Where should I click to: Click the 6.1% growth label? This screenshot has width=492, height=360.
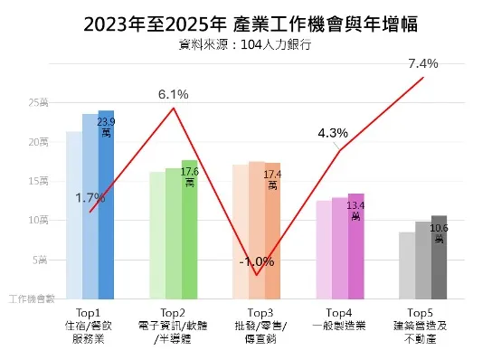click(x=173, y=94)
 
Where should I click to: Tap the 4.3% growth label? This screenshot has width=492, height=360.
click(x=333, y=133)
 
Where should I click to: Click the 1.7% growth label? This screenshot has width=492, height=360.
click(x=90, y=197)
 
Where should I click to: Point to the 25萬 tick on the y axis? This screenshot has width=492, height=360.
click(x=38, y=103)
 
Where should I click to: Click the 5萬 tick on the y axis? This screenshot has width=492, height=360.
click(x=42, y=259)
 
